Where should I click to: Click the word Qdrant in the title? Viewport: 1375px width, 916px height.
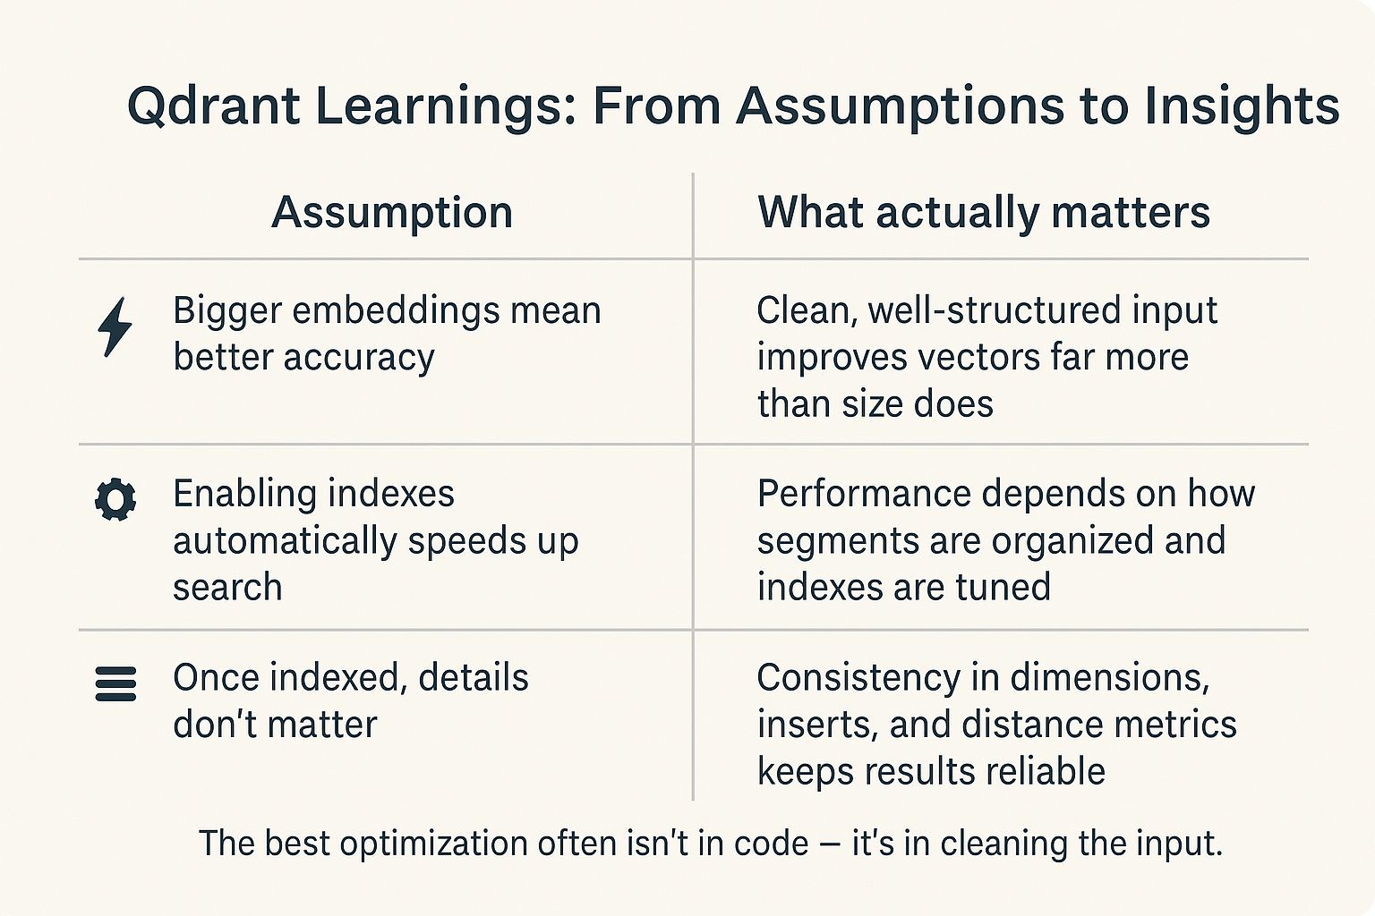(x=213, y=106)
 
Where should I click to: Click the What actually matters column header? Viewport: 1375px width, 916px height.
(x=984, y=212)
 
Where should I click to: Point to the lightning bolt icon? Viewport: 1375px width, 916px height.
(x=115, y=327)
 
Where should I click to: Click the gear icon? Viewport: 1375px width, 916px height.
(x=115, y=499)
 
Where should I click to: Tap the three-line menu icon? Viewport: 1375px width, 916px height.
(x=115, y=683)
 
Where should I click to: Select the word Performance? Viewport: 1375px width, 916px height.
(x=864, y=494)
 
